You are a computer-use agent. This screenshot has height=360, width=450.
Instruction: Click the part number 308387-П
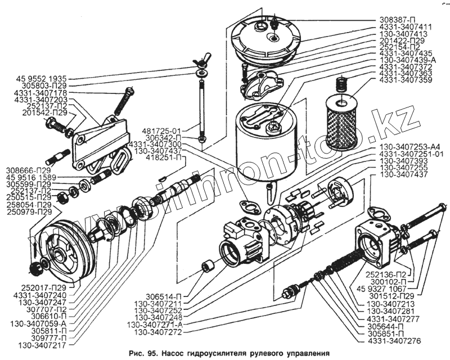click(x=397, y=20)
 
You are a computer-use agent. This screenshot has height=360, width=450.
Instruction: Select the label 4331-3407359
click(x=406, y=80)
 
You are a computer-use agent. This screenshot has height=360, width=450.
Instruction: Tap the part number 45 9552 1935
click(x=41, y=79)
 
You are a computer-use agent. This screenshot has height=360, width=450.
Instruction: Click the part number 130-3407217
click(x=42, y=345)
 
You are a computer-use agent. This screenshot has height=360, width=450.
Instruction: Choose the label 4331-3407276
click(x=394, y=341)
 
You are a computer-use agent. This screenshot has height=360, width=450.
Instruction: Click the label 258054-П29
click(x=30, y=205)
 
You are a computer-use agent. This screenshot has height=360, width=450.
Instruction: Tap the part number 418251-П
click(x=164, y=157)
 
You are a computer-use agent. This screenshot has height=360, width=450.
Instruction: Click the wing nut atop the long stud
click(x=203, y=60)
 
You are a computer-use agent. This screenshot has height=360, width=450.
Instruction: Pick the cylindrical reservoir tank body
click(x=265, y=143)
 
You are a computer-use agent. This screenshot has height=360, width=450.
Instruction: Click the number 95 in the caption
click(x=151, y=353)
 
